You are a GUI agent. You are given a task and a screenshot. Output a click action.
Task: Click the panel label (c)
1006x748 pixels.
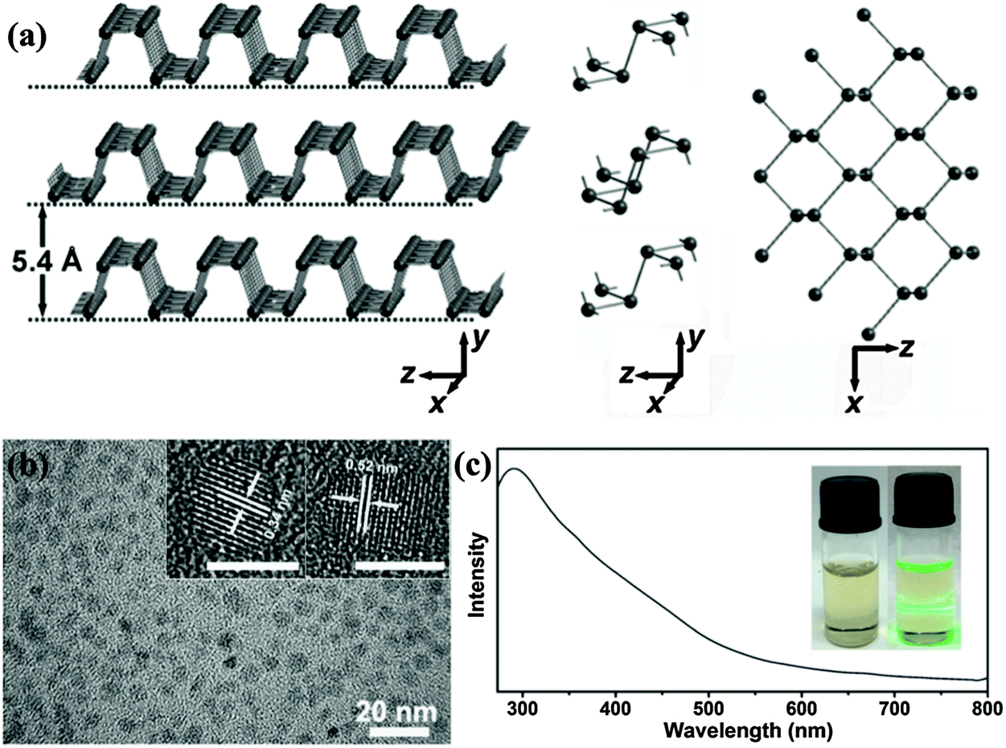[473, 466]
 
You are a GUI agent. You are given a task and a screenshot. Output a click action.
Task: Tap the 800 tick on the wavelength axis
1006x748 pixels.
[988, 708]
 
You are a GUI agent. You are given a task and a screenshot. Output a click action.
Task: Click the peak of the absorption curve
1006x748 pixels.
[515, 469]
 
